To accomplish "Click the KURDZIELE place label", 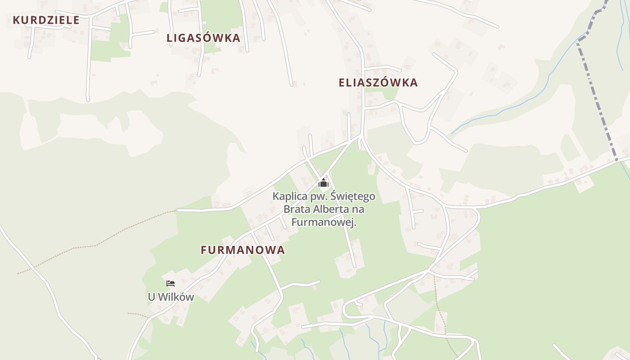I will click(46, 20).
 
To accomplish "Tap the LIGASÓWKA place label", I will click(203, 38).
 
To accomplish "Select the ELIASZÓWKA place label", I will click(378, 83).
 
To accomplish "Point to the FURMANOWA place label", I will click(243, 250).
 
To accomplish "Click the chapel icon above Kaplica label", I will click(324, 183).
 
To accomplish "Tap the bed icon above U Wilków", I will click(171, 283).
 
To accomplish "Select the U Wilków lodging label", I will click(171, 297).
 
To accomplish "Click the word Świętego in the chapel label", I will click(353, 197).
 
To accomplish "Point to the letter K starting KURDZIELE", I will click(16, 20).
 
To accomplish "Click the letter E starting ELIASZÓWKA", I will click(342, 83).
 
